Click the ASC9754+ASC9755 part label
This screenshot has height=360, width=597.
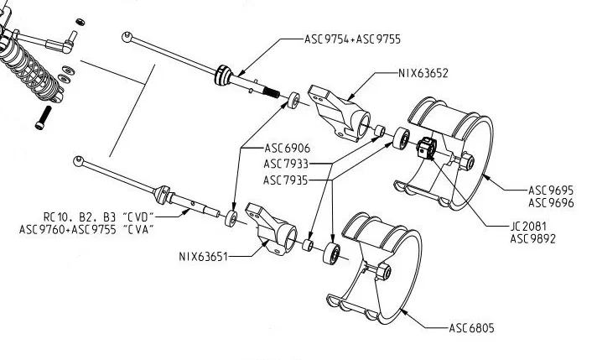click(355, 39)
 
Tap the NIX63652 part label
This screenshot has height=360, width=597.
click(423, 74)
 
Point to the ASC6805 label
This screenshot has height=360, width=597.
click(471, 328)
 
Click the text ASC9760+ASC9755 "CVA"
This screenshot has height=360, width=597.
click(86, 228)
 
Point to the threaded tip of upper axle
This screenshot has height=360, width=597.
click(273, 91)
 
